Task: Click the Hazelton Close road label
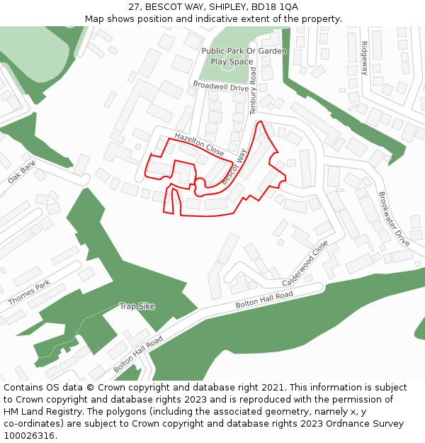pyautogui.click(x=199, y=145)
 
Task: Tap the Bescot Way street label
pyautogui.click(x=234, y=167)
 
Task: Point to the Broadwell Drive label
pyautogui.click(x=220, y=86)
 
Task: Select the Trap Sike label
pyautogui.click(x=137, y=306)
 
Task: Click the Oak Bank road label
pyautogui.click(x=21, y=172)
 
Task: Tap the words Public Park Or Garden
pyautogui.click(x=244, y=51)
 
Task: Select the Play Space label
pyautogui.click(x=232, y=62)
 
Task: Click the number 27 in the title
pyautogui.click(x=134, y=6)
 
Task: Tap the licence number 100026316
pyautogui.click(x=30, y=436)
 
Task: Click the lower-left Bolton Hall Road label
pyautogui.click(x=138, y=354)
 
